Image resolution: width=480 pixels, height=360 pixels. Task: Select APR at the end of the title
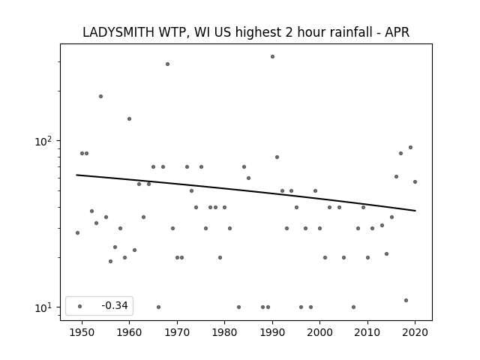[x=397, y=32]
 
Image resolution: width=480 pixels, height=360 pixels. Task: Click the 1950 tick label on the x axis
[x=82, y=332]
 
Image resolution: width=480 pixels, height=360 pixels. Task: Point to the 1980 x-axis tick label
[x=224, y=332]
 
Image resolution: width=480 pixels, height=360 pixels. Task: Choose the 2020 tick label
[x=415, y=332]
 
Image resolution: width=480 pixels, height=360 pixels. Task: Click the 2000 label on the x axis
[x=319, y=332]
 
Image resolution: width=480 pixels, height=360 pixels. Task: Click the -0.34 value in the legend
[x=115, y=305]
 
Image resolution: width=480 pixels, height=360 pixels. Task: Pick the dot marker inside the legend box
[x=80, y=306]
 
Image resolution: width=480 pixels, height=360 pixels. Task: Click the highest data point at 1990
[x=272, y=57]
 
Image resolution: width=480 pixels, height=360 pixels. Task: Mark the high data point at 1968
[x=167, y=64]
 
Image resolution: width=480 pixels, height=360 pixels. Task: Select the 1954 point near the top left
[x=100, y=97]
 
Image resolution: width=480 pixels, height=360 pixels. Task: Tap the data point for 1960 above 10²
[x=129, y=118]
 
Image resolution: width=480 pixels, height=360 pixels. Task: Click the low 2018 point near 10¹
[x=406, y=300]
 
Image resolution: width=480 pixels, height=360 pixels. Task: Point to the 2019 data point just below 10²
[x=410, y=147]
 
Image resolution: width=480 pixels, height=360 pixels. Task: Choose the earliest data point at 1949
[x=77, y=232]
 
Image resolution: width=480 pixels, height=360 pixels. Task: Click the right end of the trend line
[x=415, y=211]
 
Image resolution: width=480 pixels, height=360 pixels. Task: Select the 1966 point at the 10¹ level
[x=158, y=307]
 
